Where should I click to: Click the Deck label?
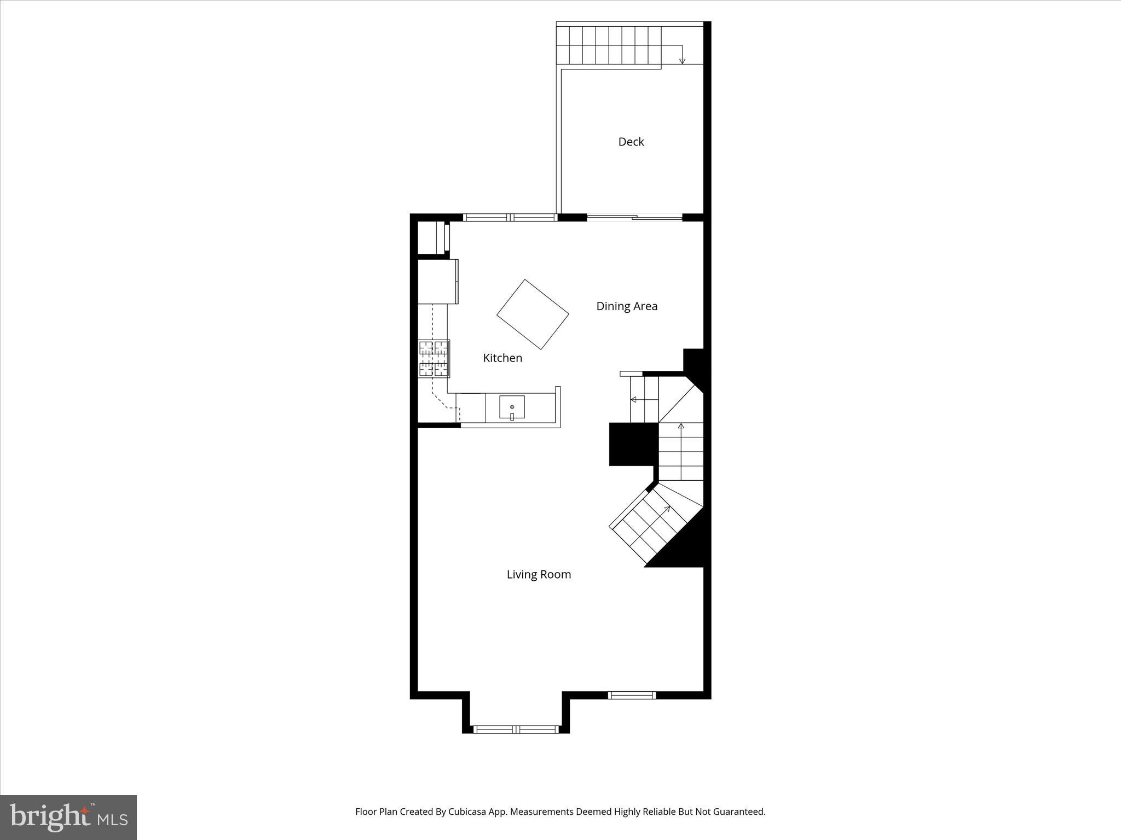tap(631, 142)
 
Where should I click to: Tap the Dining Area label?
tap(626, 306)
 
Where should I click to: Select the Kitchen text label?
tap(502, 358)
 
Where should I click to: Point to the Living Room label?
tap(538, 574)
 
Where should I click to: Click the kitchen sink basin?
tap(512, 407)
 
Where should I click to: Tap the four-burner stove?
tap(434, 358)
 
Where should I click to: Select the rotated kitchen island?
tap(533, 314)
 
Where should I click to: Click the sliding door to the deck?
tap(634, 218)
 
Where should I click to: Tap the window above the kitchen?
tap(510, 217)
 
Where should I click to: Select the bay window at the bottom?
tap(516, 729)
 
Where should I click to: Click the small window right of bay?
tap(632, 695)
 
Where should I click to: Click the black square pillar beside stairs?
tap(633, 444)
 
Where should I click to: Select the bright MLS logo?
tap(68, 818)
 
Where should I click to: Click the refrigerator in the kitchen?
tap(437, 281)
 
